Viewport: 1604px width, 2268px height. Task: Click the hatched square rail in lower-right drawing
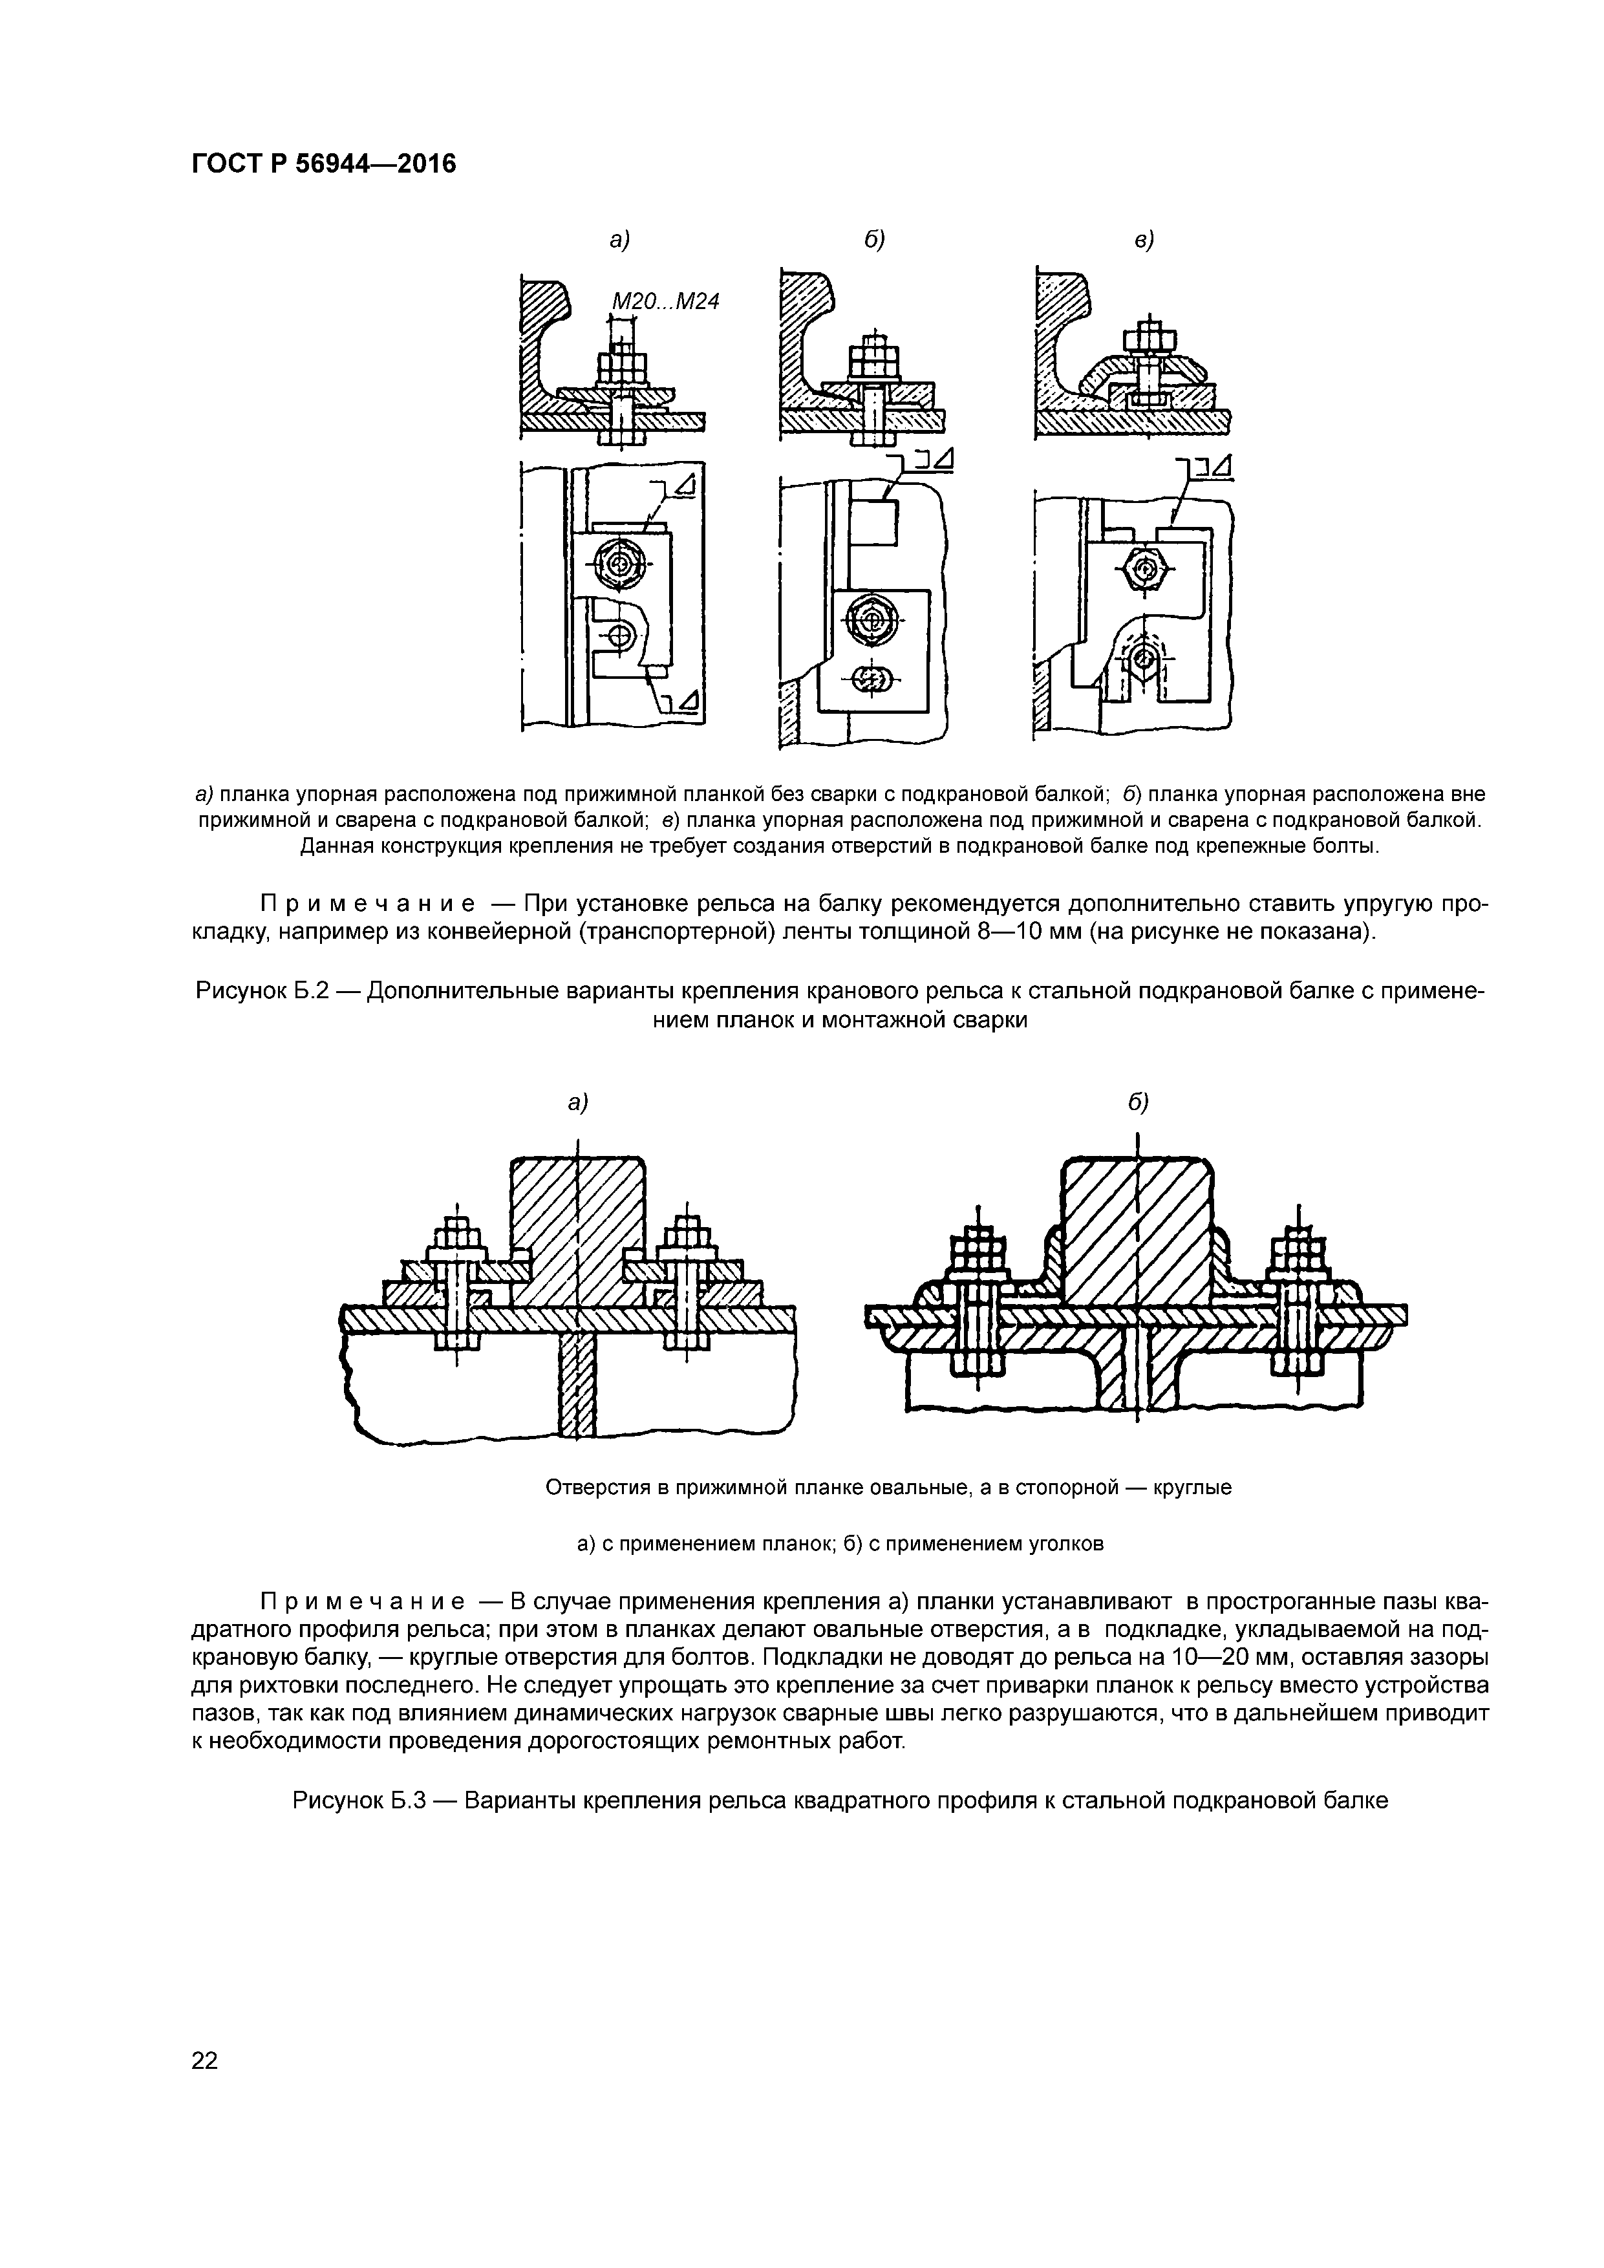point(1138,1235)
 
